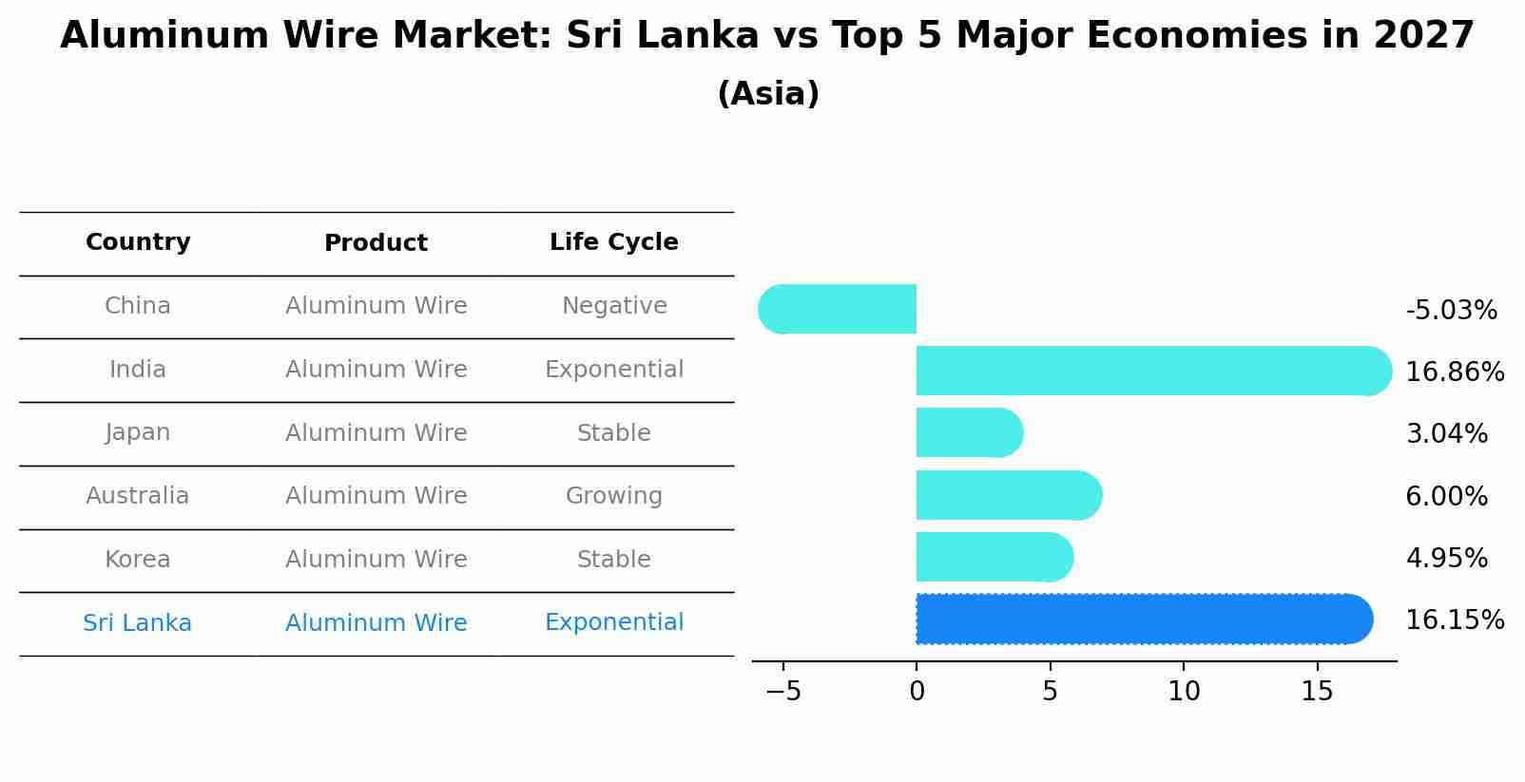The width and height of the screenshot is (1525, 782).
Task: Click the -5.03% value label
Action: point(1451,311)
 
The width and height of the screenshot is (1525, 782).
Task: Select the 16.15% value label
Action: point(1454,620)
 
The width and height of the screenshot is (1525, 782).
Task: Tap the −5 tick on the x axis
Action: point(783,692)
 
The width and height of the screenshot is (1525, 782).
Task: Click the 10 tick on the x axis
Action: point(1184,692)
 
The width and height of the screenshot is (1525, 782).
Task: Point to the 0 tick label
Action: point(917,692)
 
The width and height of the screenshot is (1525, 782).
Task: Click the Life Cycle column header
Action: point(614,242)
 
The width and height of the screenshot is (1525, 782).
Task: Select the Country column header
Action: point(138,242)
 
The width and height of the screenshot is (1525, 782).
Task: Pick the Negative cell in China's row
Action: point(614,306)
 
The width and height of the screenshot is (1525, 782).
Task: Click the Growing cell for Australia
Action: point(614,496)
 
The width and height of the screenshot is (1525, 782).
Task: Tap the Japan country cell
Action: point(138,432)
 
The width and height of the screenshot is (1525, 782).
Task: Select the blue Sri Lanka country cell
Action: point(138,623)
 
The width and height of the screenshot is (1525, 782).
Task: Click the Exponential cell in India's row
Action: point(614,370)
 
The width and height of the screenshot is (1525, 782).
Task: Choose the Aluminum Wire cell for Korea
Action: point(376,560)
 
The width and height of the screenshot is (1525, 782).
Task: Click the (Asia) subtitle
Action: point(767,94)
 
